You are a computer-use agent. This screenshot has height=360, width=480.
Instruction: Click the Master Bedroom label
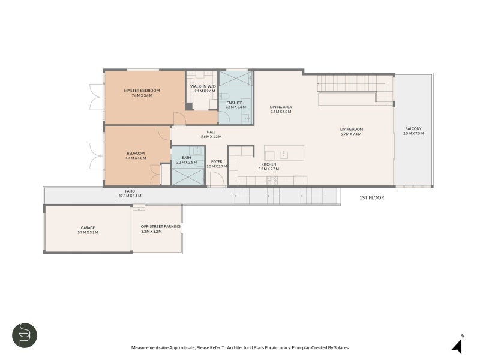(x=142, y=91)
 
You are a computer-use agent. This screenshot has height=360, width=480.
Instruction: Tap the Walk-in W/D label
(x=203, y=86)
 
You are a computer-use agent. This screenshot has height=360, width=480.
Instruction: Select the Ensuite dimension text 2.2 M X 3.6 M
(x=235, y=107)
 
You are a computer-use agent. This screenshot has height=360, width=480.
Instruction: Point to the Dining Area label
(x=281, y=107)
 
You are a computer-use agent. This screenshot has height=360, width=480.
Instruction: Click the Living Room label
(x=352, y=129)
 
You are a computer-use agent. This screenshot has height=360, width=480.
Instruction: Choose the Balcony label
(x=413, y=129)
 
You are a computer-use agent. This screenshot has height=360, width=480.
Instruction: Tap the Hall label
(x=211, y=132)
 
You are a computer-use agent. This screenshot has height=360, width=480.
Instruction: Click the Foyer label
(x=217, y=161)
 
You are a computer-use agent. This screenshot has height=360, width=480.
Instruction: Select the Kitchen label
(x=268, y=164)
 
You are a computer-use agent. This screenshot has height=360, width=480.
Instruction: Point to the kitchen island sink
(x=284, y=155)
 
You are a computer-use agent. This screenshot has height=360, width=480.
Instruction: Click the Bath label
(x=187, y=158)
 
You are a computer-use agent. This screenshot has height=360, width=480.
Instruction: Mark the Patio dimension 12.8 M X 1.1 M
(x=130, y=196)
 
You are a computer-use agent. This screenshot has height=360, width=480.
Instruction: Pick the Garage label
(x=88, y=228)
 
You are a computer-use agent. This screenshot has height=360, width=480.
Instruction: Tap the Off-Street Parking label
(x=160, y=227)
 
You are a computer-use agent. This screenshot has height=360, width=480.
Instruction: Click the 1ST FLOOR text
(x=371, y=198)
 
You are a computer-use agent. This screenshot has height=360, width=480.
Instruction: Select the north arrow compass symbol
(x=458, y=345)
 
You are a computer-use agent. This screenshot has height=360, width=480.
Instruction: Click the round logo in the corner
(x=25, y=335)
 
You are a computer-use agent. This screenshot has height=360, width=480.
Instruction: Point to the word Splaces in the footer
(x=341, y=348)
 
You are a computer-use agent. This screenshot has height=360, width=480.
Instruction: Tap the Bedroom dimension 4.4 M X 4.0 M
(x=136, y=158)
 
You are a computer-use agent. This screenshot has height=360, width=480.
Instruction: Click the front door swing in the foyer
(x=217, y=179)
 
